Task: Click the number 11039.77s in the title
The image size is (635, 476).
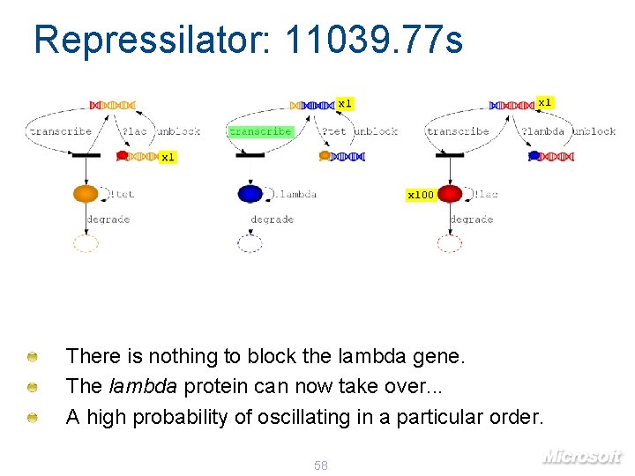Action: point(374,40)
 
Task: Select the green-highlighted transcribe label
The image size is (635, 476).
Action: point(260,131)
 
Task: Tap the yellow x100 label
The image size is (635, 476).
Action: point(420,195)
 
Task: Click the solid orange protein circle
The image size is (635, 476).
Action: point(86,194)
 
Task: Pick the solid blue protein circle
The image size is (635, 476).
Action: point(250,194)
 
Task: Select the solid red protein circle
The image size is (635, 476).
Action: point(450,194)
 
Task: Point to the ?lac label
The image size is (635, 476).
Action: point(135,131)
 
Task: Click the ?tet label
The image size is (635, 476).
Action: point(334,131)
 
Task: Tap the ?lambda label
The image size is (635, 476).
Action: point(542,131)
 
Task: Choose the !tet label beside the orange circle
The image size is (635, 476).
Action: point(123,194)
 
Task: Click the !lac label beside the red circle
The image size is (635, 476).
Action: point(486,194)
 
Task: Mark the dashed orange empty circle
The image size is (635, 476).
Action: point(86,243)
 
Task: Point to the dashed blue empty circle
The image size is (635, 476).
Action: point(250,243)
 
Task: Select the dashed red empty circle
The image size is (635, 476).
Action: point(450,243)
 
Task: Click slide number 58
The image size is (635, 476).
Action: point(321,465)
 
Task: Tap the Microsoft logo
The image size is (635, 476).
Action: point(581,456)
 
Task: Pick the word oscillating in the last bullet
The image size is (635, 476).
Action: point(300,416)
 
